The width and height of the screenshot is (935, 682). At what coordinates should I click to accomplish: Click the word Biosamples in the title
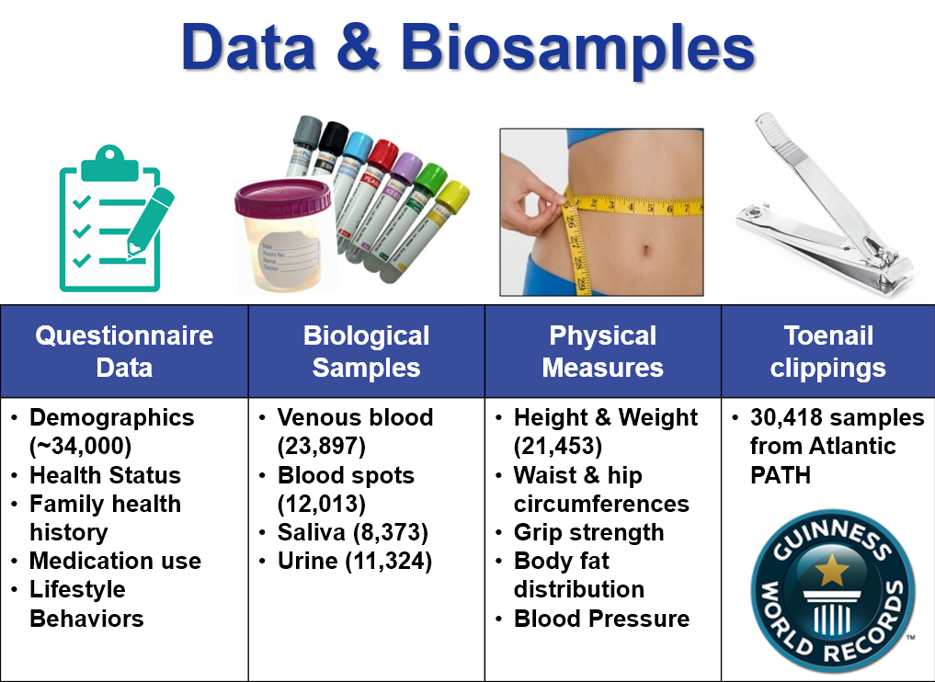click(577, 49)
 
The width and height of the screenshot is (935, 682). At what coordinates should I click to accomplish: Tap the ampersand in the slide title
click(358, 48)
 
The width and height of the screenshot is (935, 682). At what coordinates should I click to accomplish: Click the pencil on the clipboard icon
click(150, 222)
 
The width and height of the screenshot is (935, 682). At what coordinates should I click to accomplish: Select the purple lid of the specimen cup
click(282, 197)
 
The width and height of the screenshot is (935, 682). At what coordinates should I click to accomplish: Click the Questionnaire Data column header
click(124, 352)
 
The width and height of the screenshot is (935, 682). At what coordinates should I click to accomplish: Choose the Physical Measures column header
click(602, 352)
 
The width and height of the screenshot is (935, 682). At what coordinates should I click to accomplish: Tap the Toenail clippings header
click(827, 352)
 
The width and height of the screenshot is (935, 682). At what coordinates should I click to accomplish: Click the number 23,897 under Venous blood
click(322, 446)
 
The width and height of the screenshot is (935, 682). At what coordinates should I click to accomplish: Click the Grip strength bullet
click(588, 532)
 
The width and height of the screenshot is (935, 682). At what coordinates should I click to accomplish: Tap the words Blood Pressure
click(601, 619)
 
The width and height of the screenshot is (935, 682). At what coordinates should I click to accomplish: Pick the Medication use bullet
click(115, 561)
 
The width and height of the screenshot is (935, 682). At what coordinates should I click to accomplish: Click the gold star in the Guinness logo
click(831, 569)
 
